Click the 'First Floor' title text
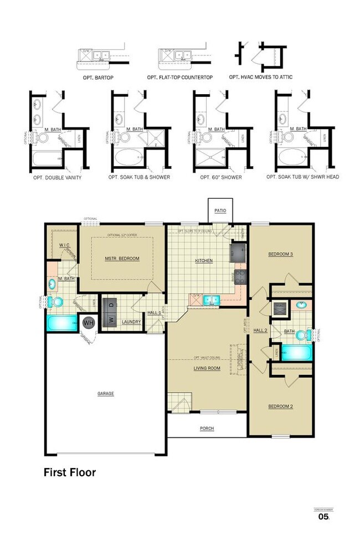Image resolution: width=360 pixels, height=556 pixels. point(70,472)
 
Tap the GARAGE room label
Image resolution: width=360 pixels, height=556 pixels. point(106,394)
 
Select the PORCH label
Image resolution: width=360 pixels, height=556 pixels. point(207,429)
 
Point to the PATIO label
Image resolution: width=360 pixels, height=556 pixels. point(220,211)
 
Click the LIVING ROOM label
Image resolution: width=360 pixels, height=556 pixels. point(207,368)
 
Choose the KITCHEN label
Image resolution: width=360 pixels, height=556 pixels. point(204,260)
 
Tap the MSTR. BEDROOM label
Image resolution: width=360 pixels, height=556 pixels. point(122,259)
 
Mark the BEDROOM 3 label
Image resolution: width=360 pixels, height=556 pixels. point(280,254)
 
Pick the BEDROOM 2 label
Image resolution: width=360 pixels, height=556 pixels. point(280,406)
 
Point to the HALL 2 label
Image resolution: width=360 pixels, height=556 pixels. point(260,330)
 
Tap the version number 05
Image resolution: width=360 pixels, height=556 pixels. point(323,517)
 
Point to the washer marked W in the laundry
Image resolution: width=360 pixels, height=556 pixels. point(111,320)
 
